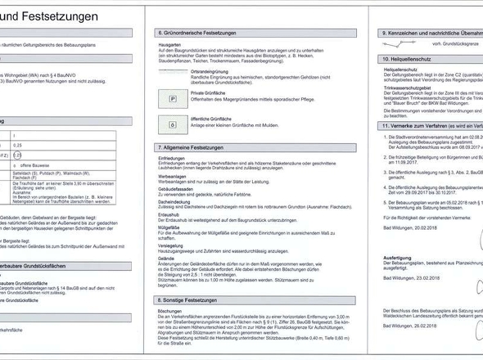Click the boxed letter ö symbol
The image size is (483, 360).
click(x=174, y=124)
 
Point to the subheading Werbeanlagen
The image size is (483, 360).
click(x=173, y=175)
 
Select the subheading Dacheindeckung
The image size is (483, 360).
click(x=175, y=200)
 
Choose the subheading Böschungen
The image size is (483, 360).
click(x=171, y=312)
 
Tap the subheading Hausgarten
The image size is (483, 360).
click(x=170, y=42)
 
